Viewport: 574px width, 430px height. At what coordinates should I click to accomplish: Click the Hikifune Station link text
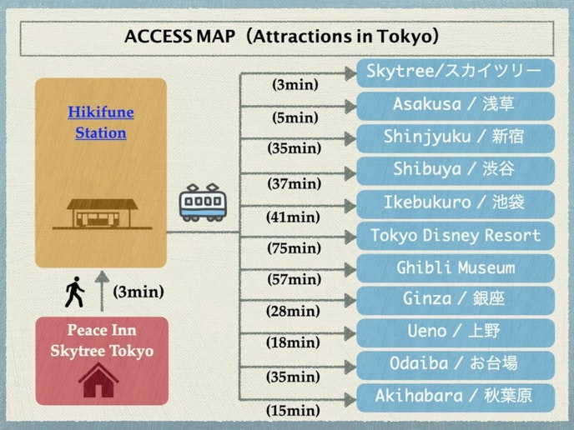click(x=100, y=122)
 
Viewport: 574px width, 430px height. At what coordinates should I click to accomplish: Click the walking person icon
click(x=75, y=292)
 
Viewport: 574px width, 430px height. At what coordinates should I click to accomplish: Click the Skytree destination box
click(x=455, y=72)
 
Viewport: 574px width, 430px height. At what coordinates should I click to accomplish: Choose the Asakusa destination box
click(x=455, y=105)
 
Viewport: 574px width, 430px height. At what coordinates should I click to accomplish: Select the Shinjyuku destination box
click(x=455, y=137)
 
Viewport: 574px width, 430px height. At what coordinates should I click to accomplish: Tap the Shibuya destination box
click(x=455, y=170)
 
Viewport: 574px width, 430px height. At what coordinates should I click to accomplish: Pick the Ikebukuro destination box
click(x=455, y=202)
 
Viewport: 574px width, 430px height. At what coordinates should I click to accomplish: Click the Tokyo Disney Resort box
click(x=455, y=236)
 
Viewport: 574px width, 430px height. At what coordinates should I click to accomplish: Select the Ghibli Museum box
click(x=455, y=268)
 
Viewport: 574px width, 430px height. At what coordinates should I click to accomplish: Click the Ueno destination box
click(x=455, y=332)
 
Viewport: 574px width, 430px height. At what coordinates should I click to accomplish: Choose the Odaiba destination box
click(x=455, y=364)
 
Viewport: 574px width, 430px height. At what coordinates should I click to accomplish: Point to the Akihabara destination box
click(x=455, y=397)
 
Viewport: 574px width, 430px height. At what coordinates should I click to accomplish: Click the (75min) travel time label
click(x=294, y=247)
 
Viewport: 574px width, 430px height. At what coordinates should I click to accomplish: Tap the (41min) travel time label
click(x=293, y=217)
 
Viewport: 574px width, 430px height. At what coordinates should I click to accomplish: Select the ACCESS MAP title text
click(x=282, y=37)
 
